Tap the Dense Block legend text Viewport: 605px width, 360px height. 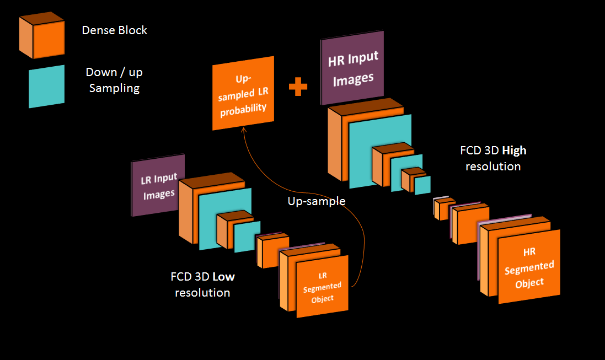(114, 30)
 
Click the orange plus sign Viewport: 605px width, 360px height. (298, 87)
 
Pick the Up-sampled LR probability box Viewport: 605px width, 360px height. (243, 93)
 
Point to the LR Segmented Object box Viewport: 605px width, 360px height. (323, 287)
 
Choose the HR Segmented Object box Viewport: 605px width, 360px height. (529, 267)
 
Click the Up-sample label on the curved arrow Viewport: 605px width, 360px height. (316, 201)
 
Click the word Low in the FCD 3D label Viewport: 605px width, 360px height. (223, 277)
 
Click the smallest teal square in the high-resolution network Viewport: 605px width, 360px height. (423, 185)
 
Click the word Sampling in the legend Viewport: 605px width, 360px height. (114, 88)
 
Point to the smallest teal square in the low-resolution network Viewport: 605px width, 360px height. (248, 237)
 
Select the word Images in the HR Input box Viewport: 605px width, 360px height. (354, 80)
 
